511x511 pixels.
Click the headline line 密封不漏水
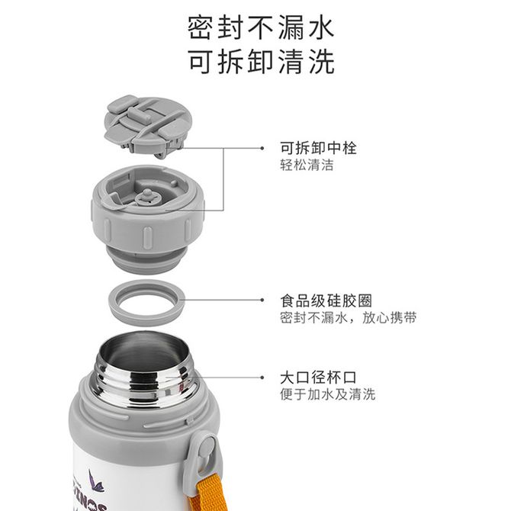(261, 27)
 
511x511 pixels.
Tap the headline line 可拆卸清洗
(262, 61)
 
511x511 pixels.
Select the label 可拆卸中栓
(318, 148)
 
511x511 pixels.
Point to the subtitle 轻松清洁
(307, 165)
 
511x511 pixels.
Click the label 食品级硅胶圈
(326, 300)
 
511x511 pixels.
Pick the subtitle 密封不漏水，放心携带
(348, 317)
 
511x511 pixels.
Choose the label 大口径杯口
(318, 378)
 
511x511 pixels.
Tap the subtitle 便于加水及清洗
(327, 394)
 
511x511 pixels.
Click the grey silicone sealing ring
(146, 314)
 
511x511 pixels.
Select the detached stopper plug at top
(148, 126)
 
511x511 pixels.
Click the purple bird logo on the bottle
(95, 480)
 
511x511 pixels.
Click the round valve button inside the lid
(147, 197)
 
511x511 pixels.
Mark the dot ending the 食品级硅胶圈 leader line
(262, 300)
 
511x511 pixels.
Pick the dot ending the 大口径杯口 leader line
(262, 378)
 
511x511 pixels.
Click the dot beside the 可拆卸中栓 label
(262, 148)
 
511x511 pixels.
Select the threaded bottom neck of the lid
(146, 260)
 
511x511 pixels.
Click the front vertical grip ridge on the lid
(147, 238)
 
